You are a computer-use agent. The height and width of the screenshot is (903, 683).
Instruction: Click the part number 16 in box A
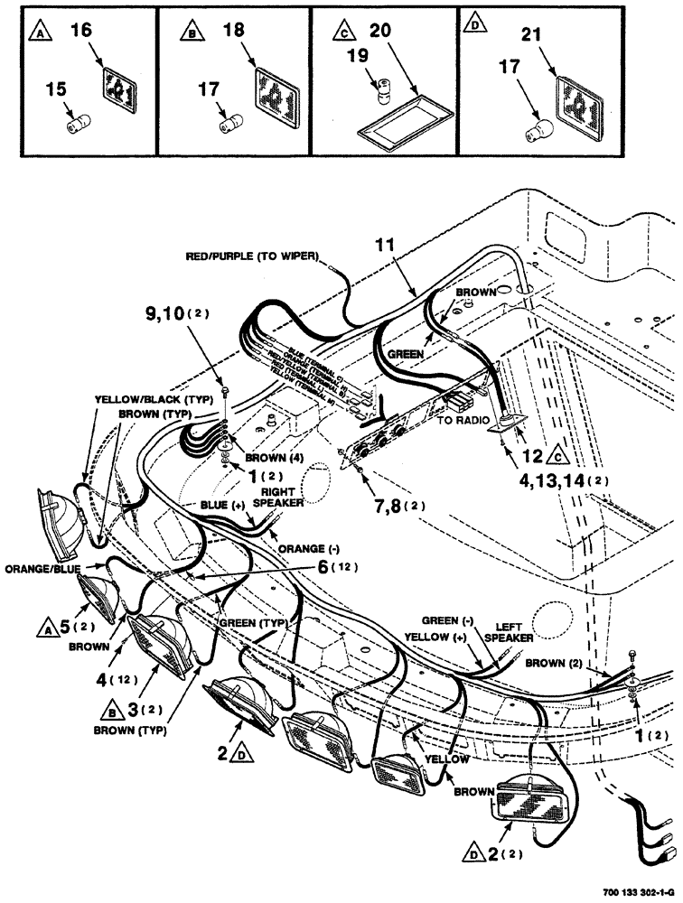[80, 33]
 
